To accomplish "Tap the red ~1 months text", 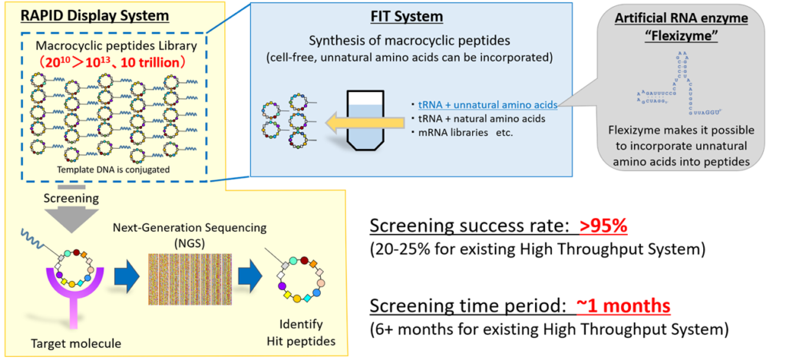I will (x=623, y=306).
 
